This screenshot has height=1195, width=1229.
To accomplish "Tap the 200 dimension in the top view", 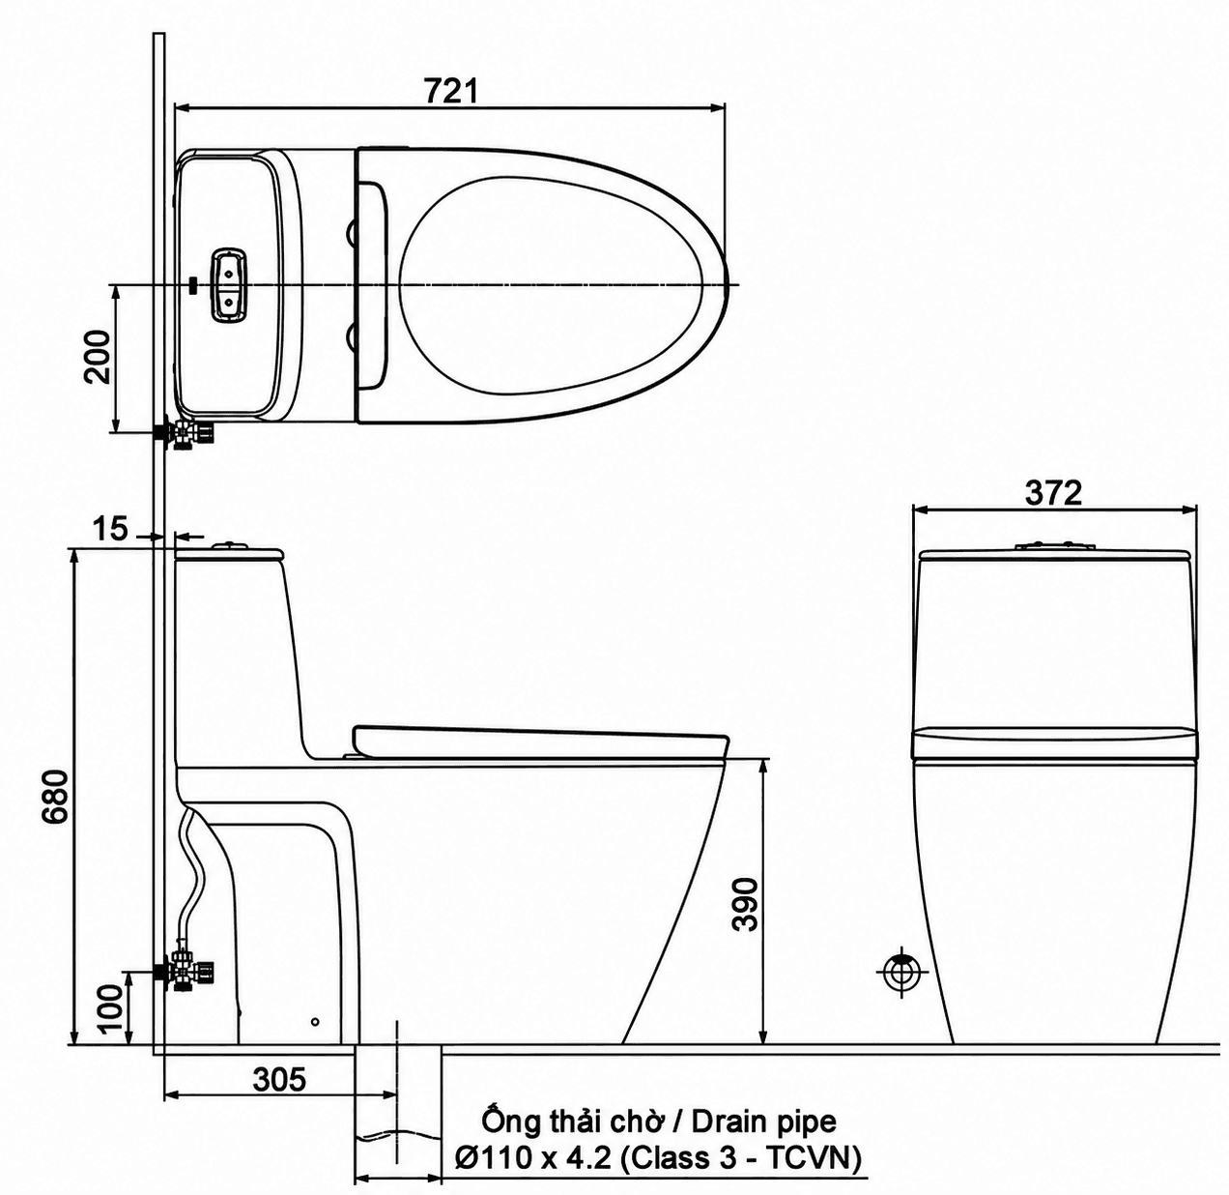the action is point(98,357).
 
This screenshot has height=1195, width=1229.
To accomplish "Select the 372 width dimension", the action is point(1053,493).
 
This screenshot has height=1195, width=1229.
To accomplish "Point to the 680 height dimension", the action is point(55,797).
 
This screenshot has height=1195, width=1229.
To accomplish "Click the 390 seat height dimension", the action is point(747,904).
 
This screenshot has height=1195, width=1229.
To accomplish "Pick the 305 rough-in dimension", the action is point(279,1080).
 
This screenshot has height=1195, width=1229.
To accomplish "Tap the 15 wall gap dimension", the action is point(110,528).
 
